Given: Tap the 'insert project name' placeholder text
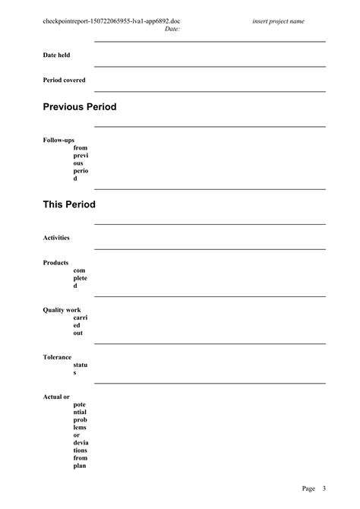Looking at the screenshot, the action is point(278,21).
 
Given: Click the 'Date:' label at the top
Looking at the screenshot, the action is point(172,29).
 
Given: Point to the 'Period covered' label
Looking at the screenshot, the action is point(64,80).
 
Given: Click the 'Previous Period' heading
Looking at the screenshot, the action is point(80,107).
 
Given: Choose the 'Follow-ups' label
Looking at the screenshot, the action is point(58,140).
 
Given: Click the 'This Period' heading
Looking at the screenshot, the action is point(69,204).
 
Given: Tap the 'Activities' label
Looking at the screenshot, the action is point(56,238).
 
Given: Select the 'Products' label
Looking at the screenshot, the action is point(55,262).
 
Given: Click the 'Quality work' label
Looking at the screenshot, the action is point(62,310).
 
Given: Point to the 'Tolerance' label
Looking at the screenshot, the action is point(57,357).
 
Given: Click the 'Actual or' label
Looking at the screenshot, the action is point(56,397).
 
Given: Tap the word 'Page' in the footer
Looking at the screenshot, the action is point(308,488).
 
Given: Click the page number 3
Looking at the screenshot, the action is point(324,488).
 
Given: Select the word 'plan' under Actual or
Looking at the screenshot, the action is point(80,466).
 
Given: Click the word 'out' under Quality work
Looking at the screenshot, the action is point(78,333).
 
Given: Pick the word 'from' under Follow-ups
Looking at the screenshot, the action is point(81,148).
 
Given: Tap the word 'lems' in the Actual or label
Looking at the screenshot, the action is point(80,428).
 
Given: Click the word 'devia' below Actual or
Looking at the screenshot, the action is point(81,443).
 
